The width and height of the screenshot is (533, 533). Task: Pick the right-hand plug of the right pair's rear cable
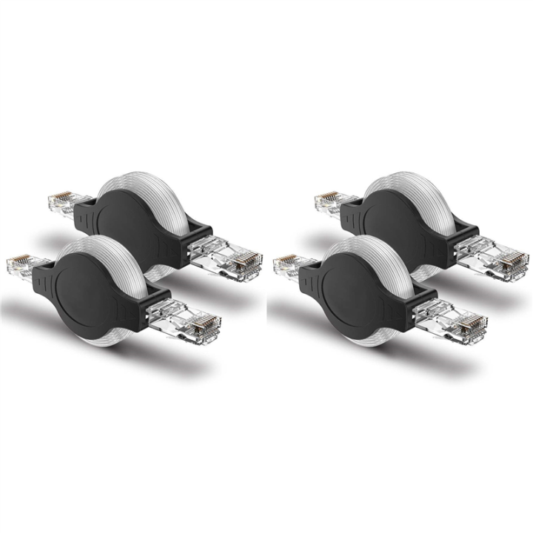[500, 259]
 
